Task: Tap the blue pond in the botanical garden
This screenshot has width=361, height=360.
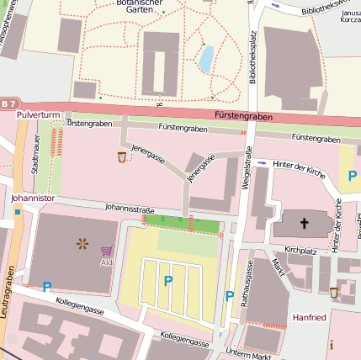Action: coord(205,59)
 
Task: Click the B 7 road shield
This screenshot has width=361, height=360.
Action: coord(8,103)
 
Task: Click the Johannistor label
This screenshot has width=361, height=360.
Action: coord(33,199)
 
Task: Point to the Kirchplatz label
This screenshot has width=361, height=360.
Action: coord(300,250)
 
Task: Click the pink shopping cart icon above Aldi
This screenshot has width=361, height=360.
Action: coord(106,251)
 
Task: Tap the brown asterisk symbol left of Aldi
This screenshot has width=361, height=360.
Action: coord(82,245)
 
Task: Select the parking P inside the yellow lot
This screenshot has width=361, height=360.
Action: coord(167,282)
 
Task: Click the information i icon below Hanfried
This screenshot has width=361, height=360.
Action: coord(331,345)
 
